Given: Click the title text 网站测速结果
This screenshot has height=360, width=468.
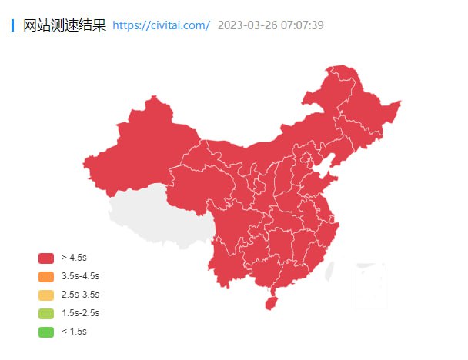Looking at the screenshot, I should [65, 25].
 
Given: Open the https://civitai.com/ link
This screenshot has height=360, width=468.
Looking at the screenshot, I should [161, 25].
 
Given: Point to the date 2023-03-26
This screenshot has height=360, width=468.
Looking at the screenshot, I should [246, 25].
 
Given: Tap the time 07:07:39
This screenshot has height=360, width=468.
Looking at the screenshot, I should [302, 25].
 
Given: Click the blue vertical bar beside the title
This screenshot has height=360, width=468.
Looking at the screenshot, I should [13, 25].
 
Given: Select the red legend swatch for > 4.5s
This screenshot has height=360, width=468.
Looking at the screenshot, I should [46, 258].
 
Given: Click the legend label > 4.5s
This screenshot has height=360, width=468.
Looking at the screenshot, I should [74, 258].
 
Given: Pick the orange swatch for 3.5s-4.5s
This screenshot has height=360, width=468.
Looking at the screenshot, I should [46, 276].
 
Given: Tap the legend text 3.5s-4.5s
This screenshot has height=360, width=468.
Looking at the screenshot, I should [80, 276].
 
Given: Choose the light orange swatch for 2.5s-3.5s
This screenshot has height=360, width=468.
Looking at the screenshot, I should [46, 295].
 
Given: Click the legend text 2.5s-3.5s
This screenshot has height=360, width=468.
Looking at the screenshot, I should [80, 295].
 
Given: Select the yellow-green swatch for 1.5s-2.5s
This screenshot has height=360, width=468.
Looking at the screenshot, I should [46, 313].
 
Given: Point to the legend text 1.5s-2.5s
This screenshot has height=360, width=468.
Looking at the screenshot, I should [80, 313].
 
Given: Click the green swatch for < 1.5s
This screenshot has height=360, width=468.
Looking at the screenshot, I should [46, 332].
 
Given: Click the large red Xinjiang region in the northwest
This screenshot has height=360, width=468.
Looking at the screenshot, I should [139, 146].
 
